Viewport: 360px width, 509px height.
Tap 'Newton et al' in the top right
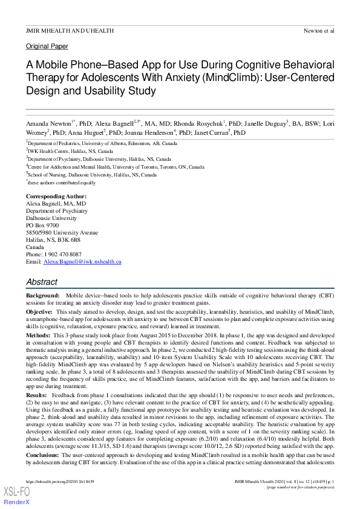(319, 30)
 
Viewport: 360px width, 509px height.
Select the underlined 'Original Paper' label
(47, 46)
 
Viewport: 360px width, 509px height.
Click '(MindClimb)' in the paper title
(233, 78)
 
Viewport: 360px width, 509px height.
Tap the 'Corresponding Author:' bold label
(56, 196)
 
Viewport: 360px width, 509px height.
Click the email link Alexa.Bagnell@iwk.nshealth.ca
(82, 262)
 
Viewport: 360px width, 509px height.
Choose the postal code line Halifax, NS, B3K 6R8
(53, 240)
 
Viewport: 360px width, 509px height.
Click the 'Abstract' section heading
(42, 282)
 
